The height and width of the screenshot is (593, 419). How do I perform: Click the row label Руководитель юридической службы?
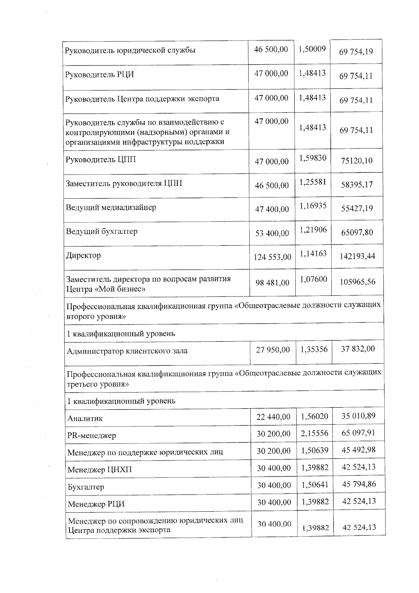tap(130, 50)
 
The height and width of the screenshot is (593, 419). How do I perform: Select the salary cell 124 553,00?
tap(272, 257)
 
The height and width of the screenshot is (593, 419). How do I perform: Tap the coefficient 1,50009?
tap(312, 49)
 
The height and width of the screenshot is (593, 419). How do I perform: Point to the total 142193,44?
tap(357, 256)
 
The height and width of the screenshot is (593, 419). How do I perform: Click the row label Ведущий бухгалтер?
tap(102, 232)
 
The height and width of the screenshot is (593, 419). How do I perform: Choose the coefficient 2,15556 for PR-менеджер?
tap(315, 433)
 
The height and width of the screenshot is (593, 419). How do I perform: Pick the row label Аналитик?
tap(85, 418)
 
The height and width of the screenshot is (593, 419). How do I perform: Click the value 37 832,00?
tap(358, 349)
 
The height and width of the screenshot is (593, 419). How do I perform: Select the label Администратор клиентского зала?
tap(127, 351)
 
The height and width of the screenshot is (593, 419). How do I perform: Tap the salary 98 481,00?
tap(272, 283)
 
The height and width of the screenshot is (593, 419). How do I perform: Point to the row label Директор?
tap(83, 256)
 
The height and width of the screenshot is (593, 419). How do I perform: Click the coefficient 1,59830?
tap(313, 158)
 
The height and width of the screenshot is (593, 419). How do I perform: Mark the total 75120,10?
tap(356, 161)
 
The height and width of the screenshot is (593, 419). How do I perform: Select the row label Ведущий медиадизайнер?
tap(111, 207)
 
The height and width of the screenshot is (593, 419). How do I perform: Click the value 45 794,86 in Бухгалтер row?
tap(359, 484)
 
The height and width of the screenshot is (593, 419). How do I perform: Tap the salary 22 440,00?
tap(273, 417)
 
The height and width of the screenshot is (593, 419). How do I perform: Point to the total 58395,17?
tap(356, 184)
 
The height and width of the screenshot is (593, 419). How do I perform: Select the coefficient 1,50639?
tap(315, 451)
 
